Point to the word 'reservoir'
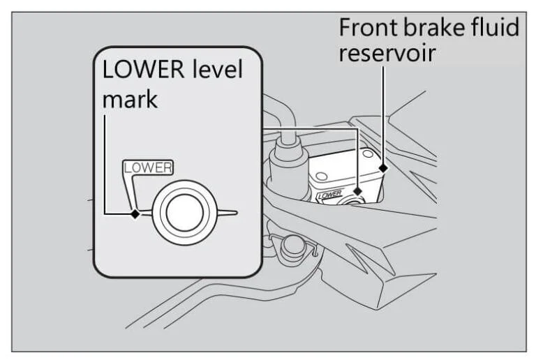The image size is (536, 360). click(x=387, y=53)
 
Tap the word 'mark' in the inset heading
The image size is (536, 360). click(x=131, y=98)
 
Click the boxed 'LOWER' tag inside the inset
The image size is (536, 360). click(x=147, y=167)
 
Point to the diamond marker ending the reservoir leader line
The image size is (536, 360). click(x=382, y=167)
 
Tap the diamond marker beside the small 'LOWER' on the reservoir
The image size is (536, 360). click(x=357, y=191)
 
